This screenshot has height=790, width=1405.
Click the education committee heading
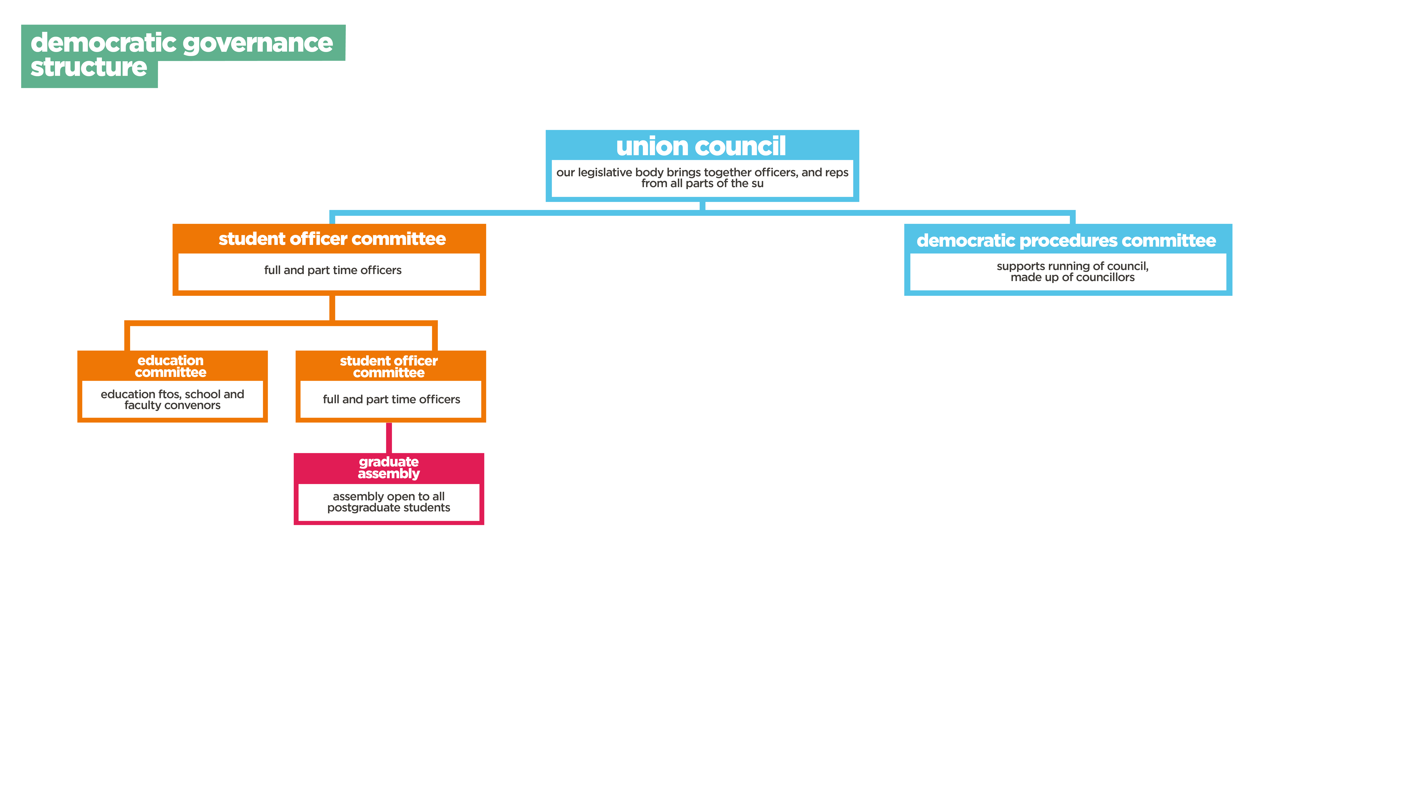click(x=171, y=366)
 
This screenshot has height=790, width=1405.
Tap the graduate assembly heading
click(x=389, y=468)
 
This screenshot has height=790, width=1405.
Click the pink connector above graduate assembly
click(x=389, y=438)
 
